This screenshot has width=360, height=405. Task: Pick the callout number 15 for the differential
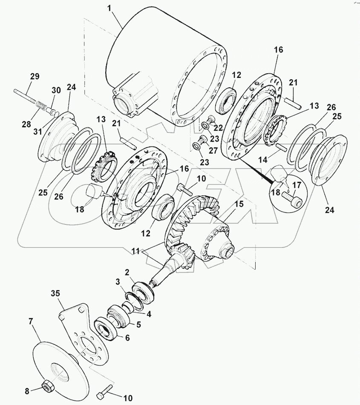(239, 204)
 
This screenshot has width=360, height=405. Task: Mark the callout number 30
(56, 90)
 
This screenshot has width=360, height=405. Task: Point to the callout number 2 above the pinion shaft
(127, 271)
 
